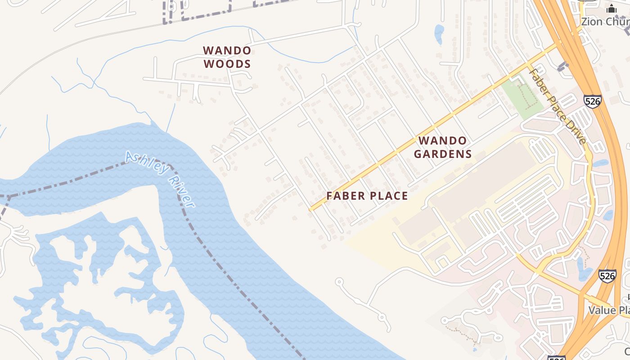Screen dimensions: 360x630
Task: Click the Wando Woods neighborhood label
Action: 227,57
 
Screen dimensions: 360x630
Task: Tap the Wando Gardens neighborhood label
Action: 443,148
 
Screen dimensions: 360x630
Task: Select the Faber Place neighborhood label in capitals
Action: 367,196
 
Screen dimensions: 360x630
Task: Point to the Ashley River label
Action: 160,179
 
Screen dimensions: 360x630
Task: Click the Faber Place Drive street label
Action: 558,106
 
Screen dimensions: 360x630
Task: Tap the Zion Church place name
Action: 605,22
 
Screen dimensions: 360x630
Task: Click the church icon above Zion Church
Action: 611,9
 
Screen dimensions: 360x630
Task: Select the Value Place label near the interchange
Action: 608,310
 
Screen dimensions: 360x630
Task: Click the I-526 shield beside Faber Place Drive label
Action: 593,101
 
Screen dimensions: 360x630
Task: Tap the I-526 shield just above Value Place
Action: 607,276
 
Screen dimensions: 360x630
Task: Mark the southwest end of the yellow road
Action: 311,209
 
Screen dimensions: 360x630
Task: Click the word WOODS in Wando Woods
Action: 227,64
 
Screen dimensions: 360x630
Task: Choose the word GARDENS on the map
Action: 443,154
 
